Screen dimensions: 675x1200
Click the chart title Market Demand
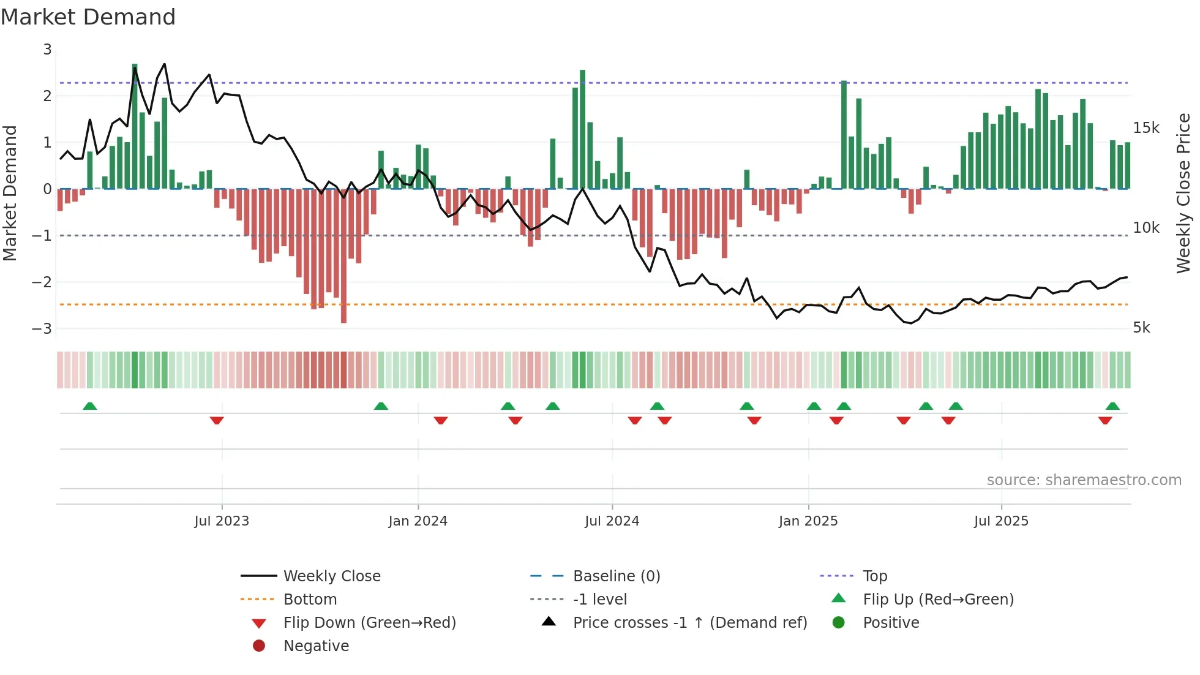[x=88, y=17]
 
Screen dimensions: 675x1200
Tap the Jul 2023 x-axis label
[x=222, y=521]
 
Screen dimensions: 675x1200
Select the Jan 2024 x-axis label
[x=418, y=521]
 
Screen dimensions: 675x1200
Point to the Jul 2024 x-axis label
[x=612, y=521]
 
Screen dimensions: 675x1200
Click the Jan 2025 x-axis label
[x=808, y=521]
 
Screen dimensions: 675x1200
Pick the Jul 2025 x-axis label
[x=1001, y=521]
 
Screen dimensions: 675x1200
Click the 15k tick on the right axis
[x=1146, y=128]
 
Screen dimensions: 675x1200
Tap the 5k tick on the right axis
[x=1141, y=328]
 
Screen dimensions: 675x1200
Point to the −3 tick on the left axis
[x=42, y=329]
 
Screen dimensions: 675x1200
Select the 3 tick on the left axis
[x=47, y=50]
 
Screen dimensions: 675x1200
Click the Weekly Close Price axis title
[x=1183, y=193]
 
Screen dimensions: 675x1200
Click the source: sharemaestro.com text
[x=1084, y=480]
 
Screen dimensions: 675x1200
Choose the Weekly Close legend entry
[x=332, y=576]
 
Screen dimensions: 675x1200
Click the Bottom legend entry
[x=310, y=600]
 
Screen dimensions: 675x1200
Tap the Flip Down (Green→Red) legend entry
[x=369, y=623]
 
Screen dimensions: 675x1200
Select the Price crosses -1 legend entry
[x=689, y=623]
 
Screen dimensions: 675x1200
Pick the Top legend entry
[x=875, y=576]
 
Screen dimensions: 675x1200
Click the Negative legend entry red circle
[x=259, y=646]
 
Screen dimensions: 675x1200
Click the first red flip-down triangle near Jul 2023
[x=217, y=420]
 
